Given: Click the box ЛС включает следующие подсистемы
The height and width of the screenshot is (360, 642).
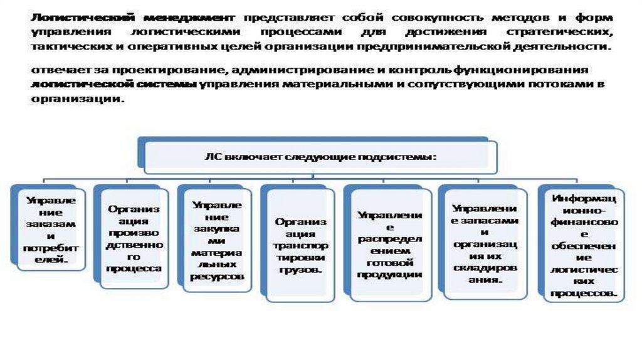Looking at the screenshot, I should point(320,157).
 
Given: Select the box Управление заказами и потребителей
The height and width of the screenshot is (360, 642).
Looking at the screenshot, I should point(50,229).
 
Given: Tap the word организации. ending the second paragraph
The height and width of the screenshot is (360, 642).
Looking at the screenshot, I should point(75,99).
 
